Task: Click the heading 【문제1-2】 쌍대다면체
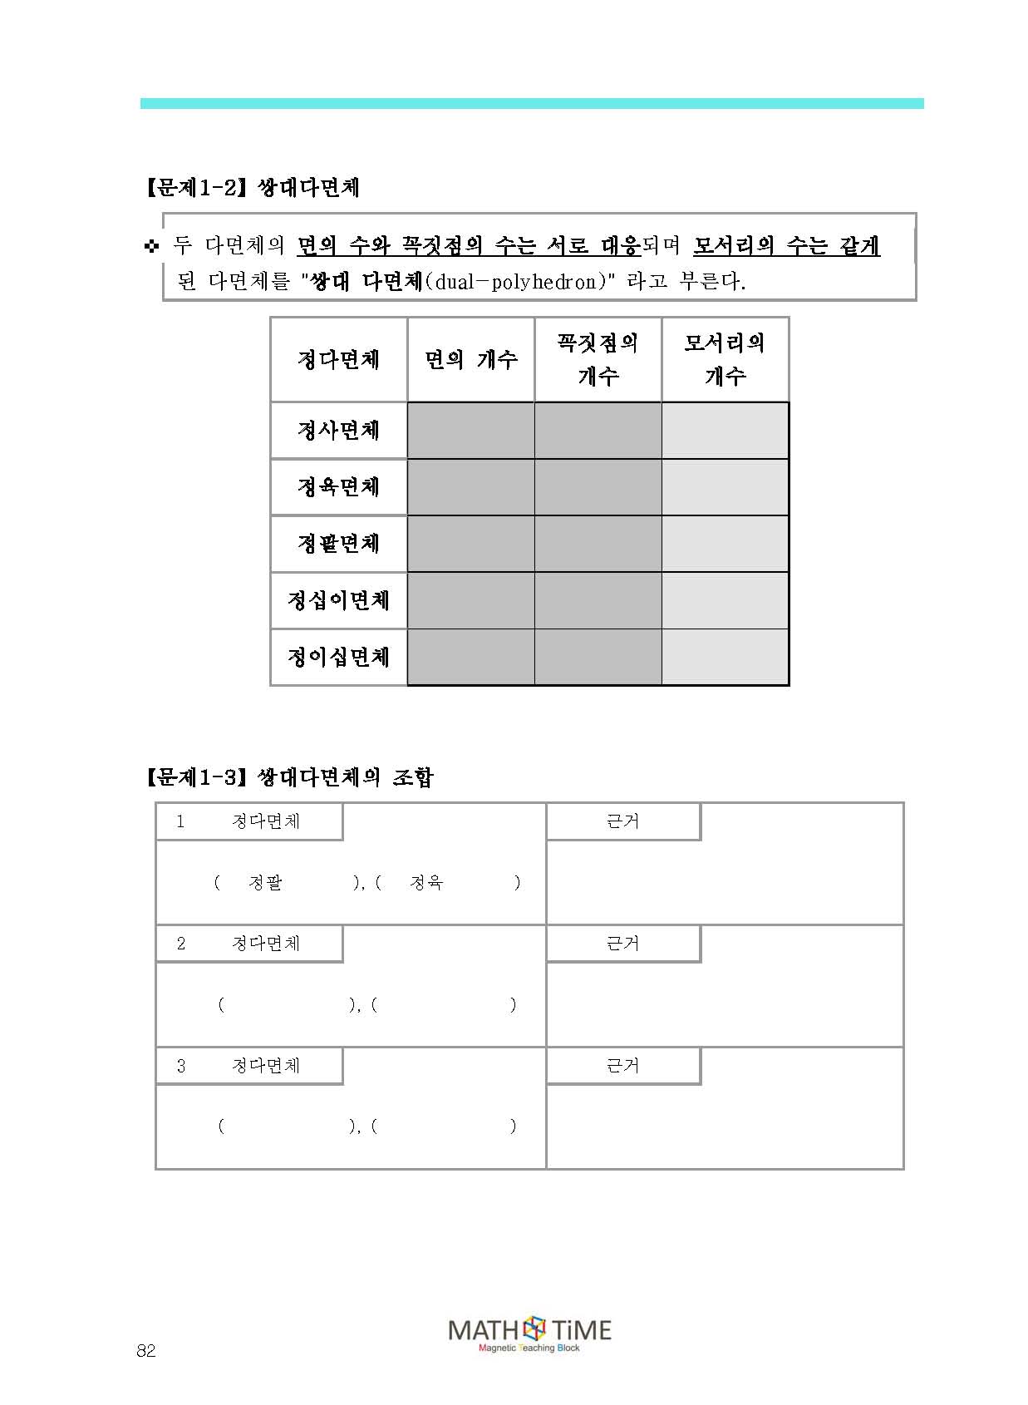point(253,188)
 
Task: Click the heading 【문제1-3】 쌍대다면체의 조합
point(289,777)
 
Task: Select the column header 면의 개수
point(470,360)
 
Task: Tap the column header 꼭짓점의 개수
point(598,360)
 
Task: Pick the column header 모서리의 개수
point(725,360)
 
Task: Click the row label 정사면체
point(338,431)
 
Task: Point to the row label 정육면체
point(338,487)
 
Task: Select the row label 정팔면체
point(338,544)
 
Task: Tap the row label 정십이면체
point(338,600)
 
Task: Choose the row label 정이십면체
point(338,658)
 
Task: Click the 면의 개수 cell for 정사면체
point(470,431)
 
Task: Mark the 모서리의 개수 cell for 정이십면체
point(725,658)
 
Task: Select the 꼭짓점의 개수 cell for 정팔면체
point(598,544)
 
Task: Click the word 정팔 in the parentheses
point(265,883)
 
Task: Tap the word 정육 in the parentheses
point(426,883)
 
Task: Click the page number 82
point(146,1351)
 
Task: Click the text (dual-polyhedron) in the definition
point(516,282)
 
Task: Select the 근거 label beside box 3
point(622,1066)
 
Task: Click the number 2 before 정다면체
point(181,944)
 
